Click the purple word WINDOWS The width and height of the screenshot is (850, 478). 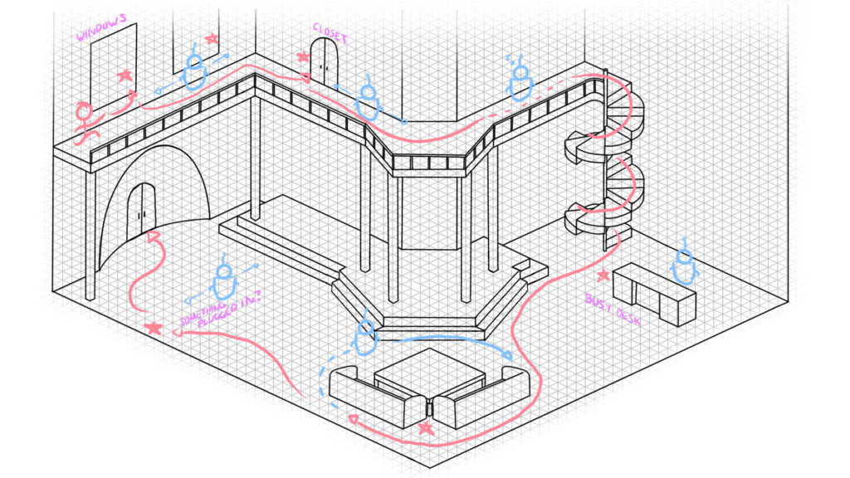(x=101, y=27)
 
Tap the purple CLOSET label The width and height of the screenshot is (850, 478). (x=330, y=32)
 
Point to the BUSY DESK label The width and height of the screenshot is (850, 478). (x=613, y=310)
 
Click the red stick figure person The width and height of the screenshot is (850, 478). (x=85, y=122)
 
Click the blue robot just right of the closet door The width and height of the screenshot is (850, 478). (x=369, y=100)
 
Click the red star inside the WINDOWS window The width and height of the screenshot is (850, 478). (x=125, y=75)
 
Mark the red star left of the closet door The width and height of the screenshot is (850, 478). (x=302, y=56)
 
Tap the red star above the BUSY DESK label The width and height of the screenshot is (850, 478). (x=603, y=276)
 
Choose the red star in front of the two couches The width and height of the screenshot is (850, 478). (x=426, y=428)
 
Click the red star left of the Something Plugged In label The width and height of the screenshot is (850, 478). (x=154, y=328)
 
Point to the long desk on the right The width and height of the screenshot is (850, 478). (x=654, y=293)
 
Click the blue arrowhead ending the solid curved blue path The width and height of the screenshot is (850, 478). (x=508, y=355)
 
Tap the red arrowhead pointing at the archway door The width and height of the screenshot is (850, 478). (x=154, y=237)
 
